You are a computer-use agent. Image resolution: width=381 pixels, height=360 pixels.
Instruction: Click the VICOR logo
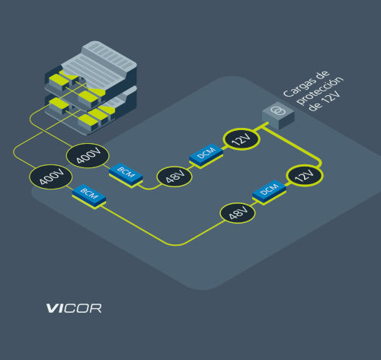pyautogui.click(x=74, y=308)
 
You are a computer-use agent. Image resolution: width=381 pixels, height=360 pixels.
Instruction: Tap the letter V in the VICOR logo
pyautogui.click(x=53, y=308)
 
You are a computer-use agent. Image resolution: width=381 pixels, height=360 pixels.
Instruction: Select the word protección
pyautogui.click(x=320, y=90)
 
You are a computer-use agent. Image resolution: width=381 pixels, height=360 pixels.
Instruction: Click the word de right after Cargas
pyautogui.click(x=322, y=75)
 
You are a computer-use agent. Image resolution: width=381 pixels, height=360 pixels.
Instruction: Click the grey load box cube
pyautogui.click(x=278, y=116)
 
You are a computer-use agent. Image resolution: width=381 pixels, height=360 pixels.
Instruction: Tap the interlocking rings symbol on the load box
pyautogui.click(x=277, y=110)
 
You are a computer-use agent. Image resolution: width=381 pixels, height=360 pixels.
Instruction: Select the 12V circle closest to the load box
pyautogui.click(x=242, y=139)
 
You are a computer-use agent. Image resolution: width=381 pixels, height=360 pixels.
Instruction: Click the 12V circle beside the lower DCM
pyautogui.click(x=305, y=176)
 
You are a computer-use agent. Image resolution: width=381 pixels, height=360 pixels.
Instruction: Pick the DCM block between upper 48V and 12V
pyautogui.click(x=206, y=154)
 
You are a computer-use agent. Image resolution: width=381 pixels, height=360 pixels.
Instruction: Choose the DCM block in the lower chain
pyautogui.click(x=269, y=190)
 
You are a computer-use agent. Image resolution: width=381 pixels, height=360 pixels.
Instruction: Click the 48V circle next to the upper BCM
pyautogui.click(x=174, y=177)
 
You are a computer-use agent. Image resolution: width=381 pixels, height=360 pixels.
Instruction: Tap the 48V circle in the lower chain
pyautogui.click(x=238, y=213)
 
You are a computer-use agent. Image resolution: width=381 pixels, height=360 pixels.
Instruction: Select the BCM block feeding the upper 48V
pyautogui.click(x=126, y=174)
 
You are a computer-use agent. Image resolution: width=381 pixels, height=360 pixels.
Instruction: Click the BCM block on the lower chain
pyautogui.click(x=89, y=195)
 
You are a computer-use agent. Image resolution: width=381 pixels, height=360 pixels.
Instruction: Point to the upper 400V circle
pyautogui.click(x=88, y=156)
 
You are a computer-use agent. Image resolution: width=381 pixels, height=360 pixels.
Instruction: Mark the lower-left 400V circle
pyautogui.click(x=51, y=177)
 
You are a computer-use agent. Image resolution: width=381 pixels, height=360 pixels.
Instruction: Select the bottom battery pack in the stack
pyautogui.click(x=91, y=112)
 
